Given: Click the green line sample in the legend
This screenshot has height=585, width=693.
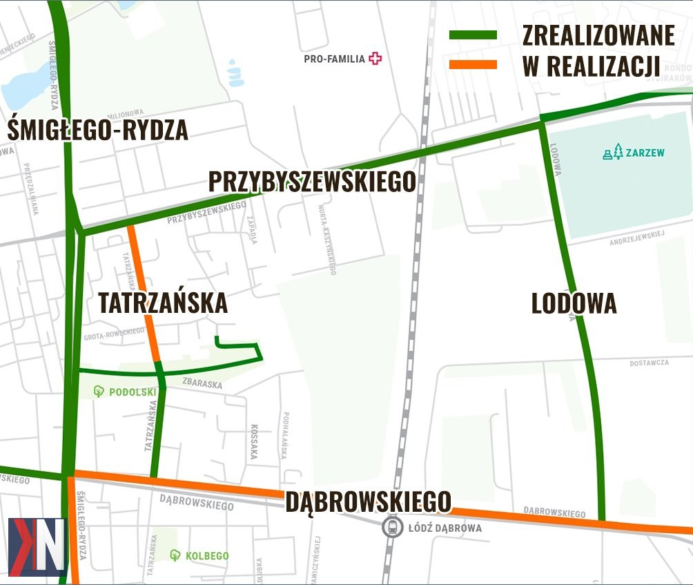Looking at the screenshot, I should pos(473,35).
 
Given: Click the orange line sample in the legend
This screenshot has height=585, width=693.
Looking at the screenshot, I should pos(473,65).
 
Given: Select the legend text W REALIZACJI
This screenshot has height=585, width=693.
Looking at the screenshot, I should pos(592,66).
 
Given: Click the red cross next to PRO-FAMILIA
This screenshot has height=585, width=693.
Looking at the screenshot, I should pos(375,59).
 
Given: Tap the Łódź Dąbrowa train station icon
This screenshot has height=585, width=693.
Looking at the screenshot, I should pos(393,528).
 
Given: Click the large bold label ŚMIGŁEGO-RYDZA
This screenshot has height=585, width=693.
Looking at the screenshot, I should pos(99,129).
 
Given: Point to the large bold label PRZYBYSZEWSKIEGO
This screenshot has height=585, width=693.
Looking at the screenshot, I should pos(312,182).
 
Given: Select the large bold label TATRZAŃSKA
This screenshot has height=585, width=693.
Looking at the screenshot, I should pos(163,303).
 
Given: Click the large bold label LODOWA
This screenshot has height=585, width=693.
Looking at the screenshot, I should pos(574,304).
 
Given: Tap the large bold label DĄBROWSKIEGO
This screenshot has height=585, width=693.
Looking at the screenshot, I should pos(369,501).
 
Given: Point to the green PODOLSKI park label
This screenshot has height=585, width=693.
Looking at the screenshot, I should pos(126,392).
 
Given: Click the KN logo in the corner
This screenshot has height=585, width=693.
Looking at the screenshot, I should pos(37,546).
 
